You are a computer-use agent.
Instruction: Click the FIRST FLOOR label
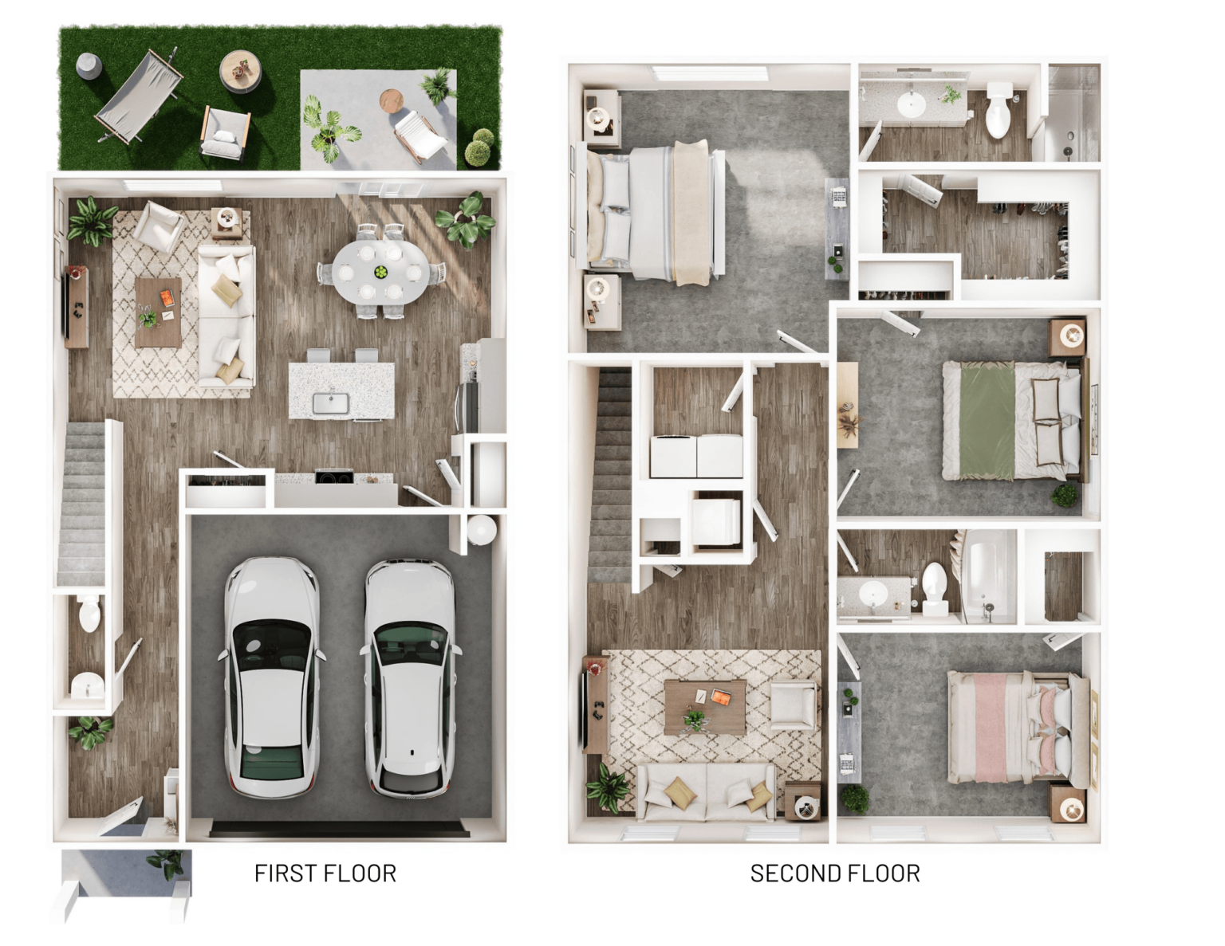(x=325, y=873)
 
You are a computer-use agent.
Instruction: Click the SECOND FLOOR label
(x=835, y=873)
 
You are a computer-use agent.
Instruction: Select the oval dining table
(x=380, y=273)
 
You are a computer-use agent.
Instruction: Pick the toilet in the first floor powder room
(x=89, y=614)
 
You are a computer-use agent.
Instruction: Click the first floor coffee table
(x=159, y=312)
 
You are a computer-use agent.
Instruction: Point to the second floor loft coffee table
(x=705, y=707)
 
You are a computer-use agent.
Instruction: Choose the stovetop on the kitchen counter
(x=334, y=477)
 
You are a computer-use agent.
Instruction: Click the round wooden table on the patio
(x=392, y=101)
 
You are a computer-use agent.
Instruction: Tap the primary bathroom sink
(x=911, y=104)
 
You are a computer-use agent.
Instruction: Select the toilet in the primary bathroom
(x=999, y=109)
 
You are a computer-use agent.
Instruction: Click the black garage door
(x=340, y=828)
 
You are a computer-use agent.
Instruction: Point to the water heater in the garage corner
(x=482, y=529)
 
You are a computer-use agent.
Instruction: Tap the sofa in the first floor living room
(x=226, y=316)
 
